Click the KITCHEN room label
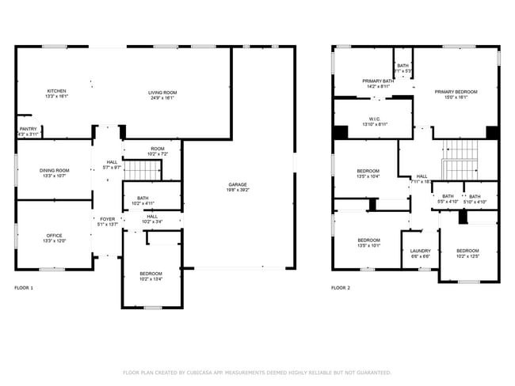[x=56, y=91]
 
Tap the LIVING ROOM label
[x=162, y=93]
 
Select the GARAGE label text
[x=238, y=184]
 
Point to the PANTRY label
[x=28, y=129]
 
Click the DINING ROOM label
[x=55, y=170]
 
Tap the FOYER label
[x=107, y=219]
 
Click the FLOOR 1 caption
[x=25, y=288]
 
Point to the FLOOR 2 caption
[x=341, y=288]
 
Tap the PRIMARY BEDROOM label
[x=456, y=92]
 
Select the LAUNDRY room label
[x=420, y=251]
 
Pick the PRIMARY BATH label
[x=378, y=81]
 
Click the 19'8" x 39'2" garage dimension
[x=238, y=190]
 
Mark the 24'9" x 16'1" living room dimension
[x=162, y=97]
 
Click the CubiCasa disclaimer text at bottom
[x=257, y=372]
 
